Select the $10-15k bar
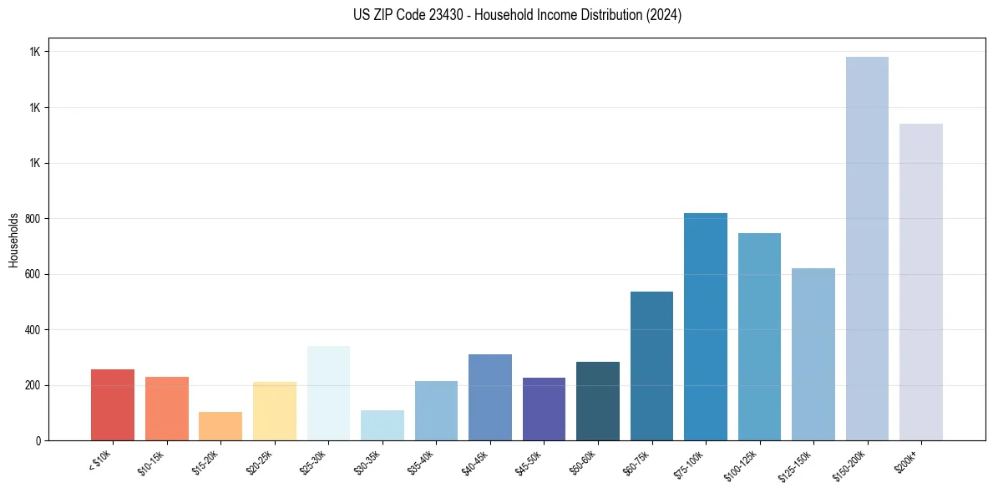point(167,409)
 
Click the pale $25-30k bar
point(328,393)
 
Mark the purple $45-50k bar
point(544,409)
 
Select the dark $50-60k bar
point(598,401)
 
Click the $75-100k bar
point(706,327)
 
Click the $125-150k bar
point(813,354)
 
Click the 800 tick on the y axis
point(34,219)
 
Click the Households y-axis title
point(14,239)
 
